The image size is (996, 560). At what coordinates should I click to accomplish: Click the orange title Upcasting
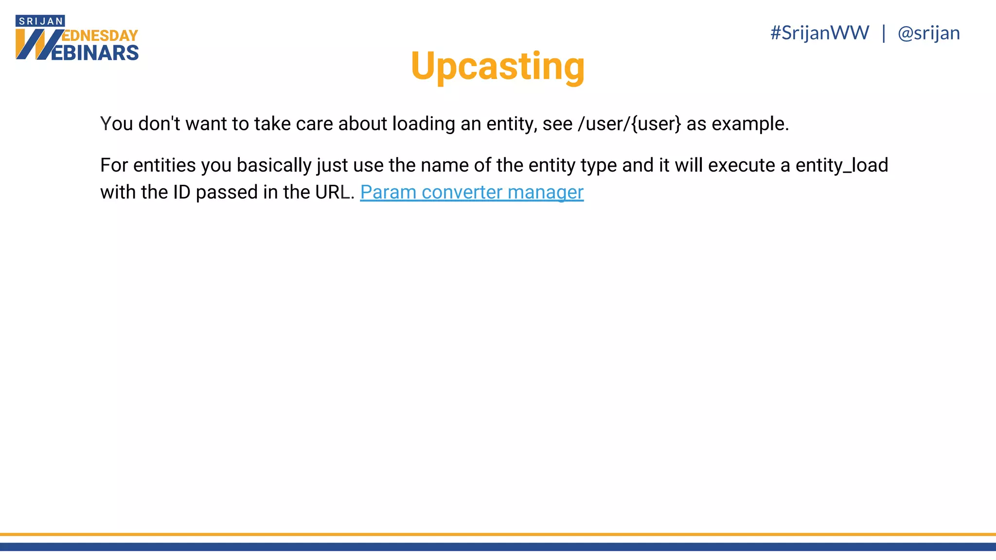tap(498, 66)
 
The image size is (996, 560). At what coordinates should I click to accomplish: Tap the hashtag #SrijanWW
tap(819, 33)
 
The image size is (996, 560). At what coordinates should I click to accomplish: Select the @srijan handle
tap(928, 33)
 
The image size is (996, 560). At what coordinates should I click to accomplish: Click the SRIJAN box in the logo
tap(40, 21)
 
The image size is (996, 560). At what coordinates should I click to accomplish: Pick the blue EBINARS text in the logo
tap(95, 53)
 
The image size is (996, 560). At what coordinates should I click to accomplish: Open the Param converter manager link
tap(471, 192)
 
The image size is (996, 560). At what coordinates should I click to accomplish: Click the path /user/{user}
tap(629, 124)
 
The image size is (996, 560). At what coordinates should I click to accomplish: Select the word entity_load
tap(841, 165)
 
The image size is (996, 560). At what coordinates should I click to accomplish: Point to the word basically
tap(274, 165)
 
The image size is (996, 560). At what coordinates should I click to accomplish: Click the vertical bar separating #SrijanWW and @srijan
tap(884, 33)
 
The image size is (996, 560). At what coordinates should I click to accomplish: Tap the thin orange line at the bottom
tap(498, 534)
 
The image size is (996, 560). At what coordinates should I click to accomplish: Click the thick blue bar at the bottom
tap(498, 547)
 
